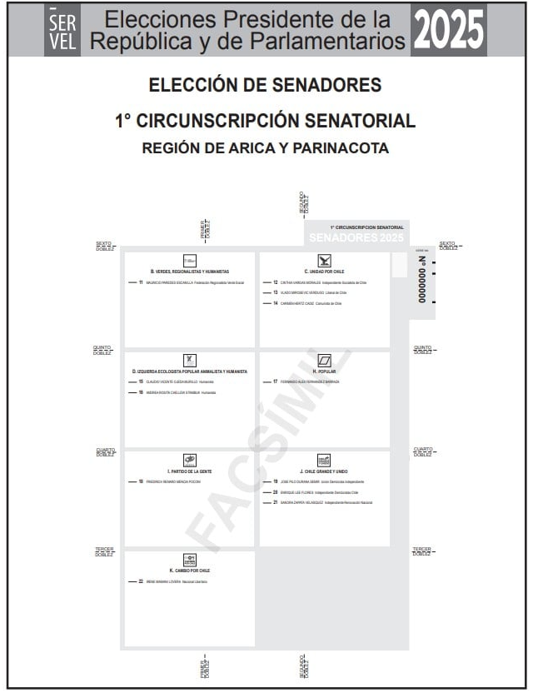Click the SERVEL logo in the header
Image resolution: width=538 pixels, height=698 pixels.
62,32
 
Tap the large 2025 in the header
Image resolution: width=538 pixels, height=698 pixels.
448,32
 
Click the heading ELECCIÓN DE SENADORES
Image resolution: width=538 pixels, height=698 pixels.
265,85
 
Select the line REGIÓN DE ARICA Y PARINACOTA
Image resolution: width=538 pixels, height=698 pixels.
265,148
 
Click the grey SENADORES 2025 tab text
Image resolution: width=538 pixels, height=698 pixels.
356,238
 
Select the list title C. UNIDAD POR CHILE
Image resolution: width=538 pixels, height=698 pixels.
324,272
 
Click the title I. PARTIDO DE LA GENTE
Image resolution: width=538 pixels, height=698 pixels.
190,471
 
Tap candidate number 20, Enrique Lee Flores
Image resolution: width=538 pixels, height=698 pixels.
315,492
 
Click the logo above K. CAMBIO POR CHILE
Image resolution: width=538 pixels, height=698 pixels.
190,558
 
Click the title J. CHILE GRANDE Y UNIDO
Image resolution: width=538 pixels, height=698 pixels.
324,471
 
